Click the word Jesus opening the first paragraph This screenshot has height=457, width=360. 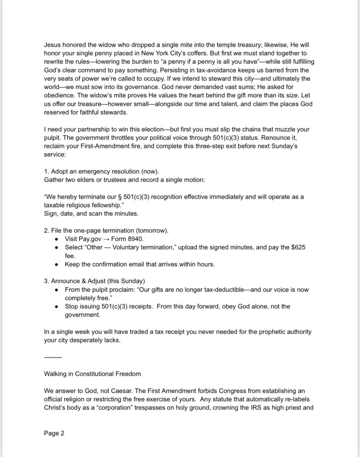[53, 45]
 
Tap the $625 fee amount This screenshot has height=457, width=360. [297, 247]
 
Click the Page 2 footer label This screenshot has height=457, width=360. [54, 433]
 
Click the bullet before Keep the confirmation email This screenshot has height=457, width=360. [56, 264]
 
